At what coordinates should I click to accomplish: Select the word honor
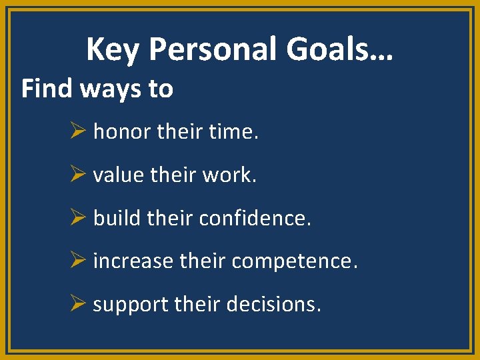coord(122,132)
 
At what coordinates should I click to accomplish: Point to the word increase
coord(133,261)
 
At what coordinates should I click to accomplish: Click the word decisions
coord(274,305)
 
